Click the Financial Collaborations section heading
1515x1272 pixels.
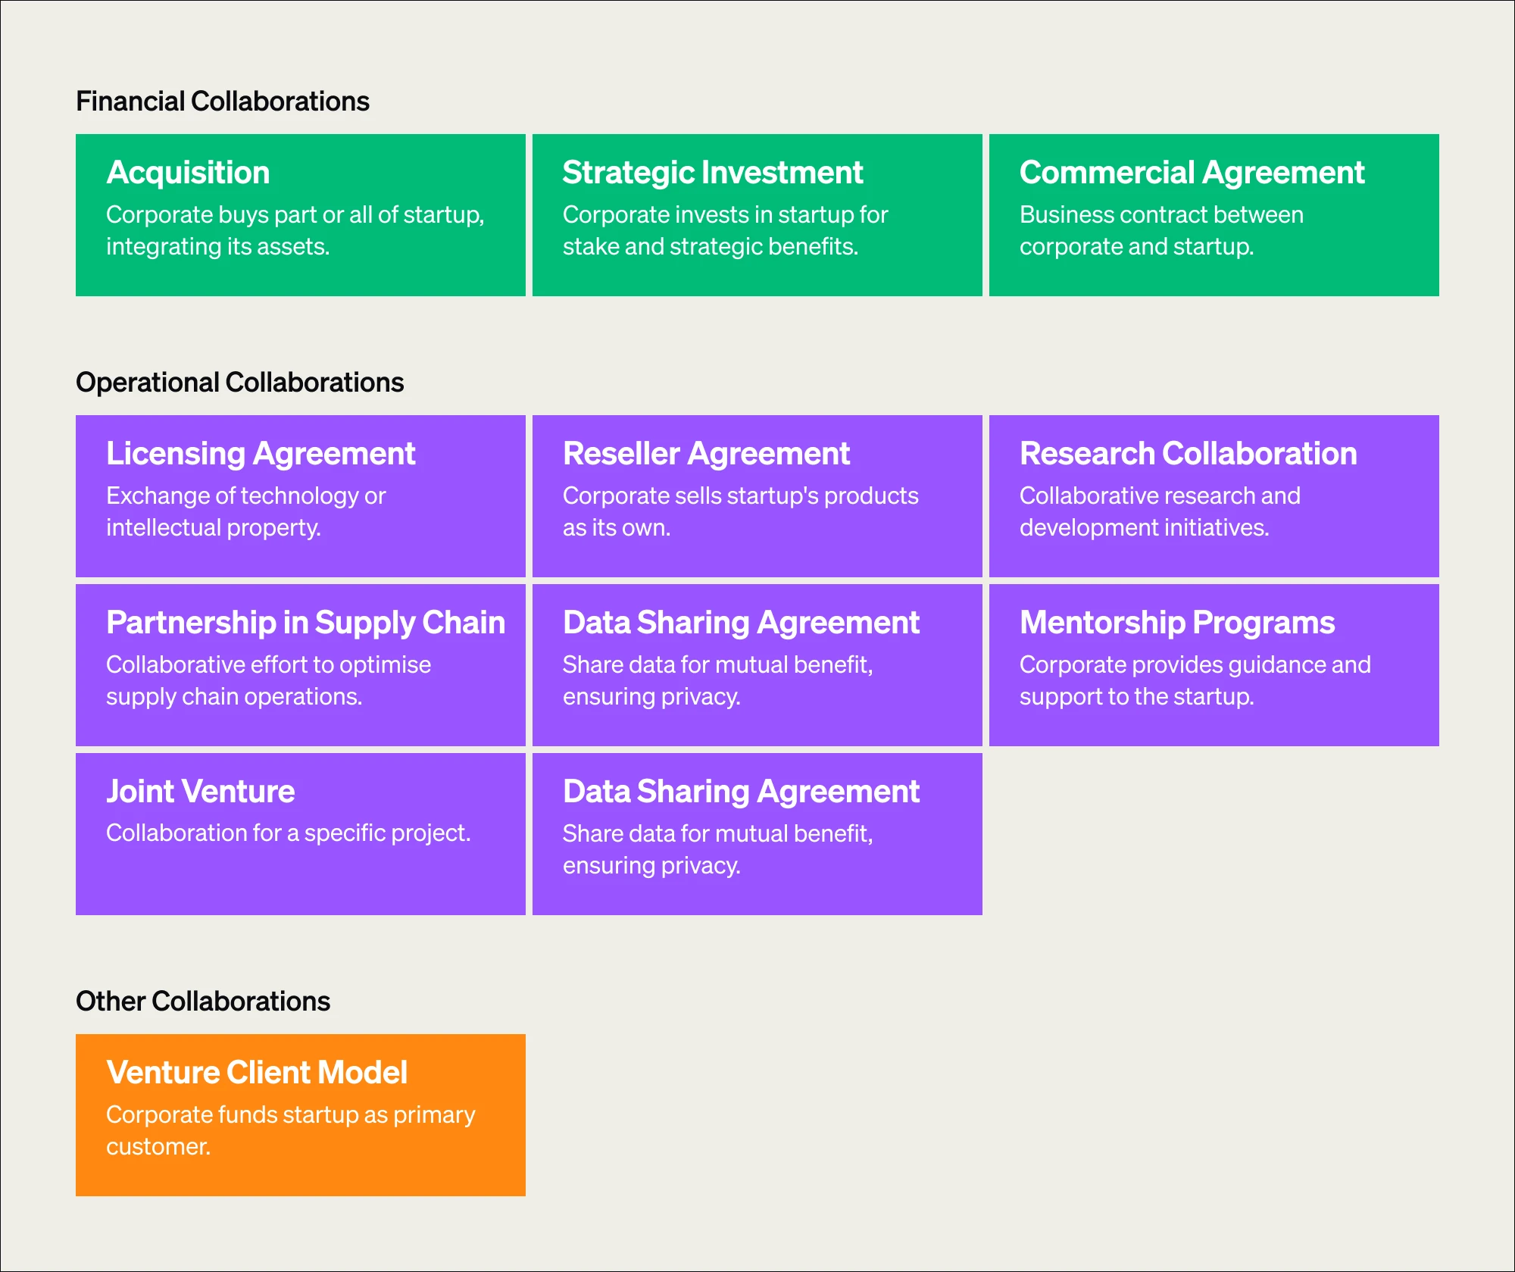[x=222, y=102]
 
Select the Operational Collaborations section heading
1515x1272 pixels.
[x=239, y=383]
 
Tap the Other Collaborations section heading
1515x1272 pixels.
[x=202, y=1002]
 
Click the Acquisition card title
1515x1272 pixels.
[x=188, y=173]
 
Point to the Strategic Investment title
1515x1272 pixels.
[x=712, y=173]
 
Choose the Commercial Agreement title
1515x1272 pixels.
[x=1192, y=173]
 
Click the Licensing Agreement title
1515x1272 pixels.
[x=261, y=454]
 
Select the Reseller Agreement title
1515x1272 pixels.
[x=706, y=454]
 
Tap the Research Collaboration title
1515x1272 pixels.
[x=1188, y=454]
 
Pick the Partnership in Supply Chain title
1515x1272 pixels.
[x=305, y=623]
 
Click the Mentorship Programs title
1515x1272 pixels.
[x=1176, y=623]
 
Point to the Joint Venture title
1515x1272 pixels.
[x=200, y=792]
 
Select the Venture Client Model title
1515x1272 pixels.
[x=257, y=1073]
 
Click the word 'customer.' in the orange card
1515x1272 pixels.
[x=158, y=1147]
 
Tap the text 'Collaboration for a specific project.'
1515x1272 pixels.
[x=288, y=833]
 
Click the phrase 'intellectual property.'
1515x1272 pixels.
[x=214, y=528]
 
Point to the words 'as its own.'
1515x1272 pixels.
[x=617, y=528]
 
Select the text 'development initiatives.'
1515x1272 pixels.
[x=1144, y=528]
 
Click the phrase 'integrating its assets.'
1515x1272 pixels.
[x=218, y=247]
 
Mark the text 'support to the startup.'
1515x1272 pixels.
[x=1136, y=697]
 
